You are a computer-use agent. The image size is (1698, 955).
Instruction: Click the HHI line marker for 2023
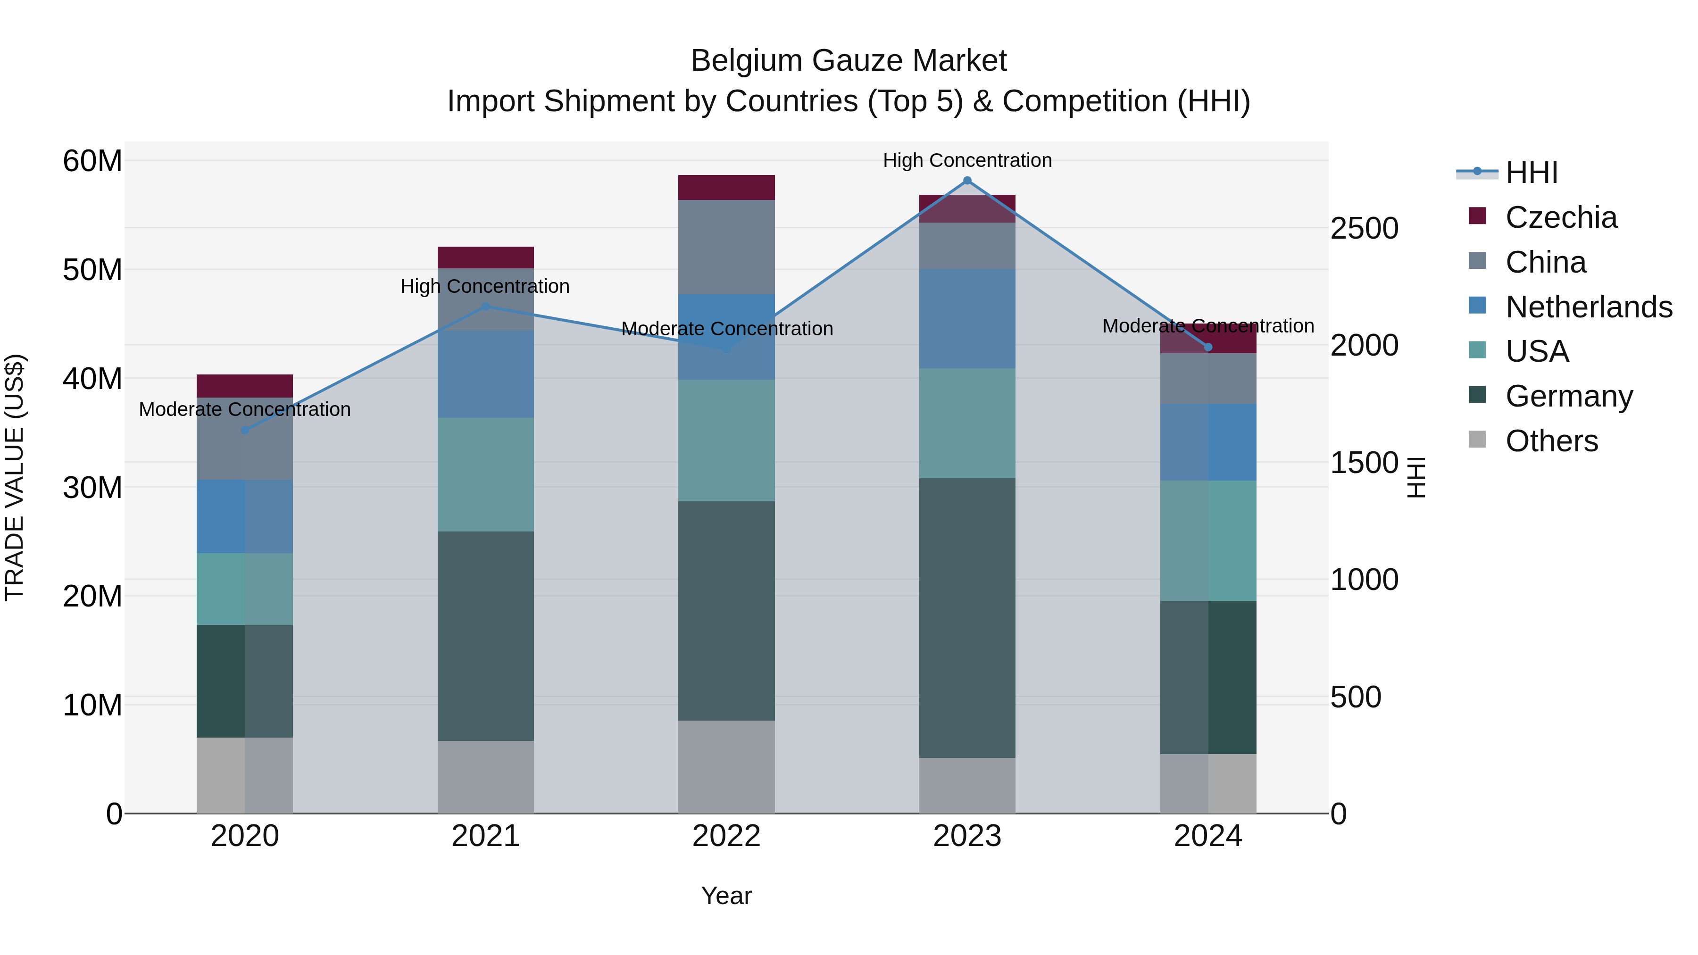[x=967, y=181]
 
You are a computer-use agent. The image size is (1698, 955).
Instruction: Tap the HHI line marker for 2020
[x=244, y=431]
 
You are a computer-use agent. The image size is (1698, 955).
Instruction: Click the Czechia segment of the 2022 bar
[x=726, y=188]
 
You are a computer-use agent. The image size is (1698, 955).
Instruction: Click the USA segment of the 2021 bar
[x=486, y=474]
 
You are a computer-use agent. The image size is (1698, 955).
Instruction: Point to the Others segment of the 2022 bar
[x=726, y=766]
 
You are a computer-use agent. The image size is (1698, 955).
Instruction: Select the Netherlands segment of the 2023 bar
[x=967, y=318]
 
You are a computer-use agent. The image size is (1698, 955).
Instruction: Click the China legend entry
[x=1546, y=262]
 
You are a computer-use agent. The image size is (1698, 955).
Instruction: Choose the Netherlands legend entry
[x=1589, y=307]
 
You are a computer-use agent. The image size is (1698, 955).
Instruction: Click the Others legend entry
[x=1552, y=441]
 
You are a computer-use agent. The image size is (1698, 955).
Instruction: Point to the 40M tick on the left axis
[x=92, y=379]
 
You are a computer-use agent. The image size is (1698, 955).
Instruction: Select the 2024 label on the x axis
[x=1207, y=836]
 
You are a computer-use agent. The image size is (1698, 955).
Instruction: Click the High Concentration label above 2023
[x=967, y=160]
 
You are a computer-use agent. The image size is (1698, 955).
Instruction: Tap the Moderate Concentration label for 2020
[x=244, y=409]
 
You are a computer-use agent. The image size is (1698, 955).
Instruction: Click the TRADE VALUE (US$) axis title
[x=15, y=477]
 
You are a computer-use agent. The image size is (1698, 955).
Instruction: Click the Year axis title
[x=726, y=896]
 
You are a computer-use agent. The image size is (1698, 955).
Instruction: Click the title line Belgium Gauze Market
[x=849, y=61]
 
